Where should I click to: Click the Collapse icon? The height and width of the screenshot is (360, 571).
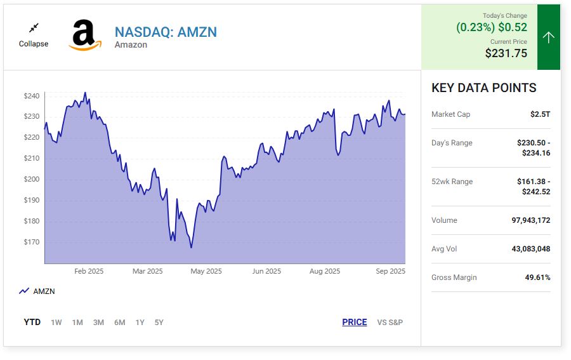[x=34, y=28]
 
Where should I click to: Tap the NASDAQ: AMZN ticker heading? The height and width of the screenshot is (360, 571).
[x=166, y=32]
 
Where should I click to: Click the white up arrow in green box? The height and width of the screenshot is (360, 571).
[x=549, y=37]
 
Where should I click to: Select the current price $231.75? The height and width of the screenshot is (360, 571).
[x=506, y=53]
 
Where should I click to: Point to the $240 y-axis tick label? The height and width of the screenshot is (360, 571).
[x=32, y=96]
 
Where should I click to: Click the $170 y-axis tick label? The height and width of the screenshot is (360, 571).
[x=32, y=242]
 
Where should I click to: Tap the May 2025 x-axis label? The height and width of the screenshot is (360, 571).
[x=206, y=271]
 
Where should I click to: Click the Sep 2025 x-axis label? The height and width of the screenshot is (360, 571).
[x=390, y=271]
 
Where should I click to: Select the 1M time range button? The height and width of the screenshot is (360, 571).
[x=77, y=323]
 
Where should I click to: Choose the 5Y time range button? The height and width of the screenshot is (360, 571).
[x=159, y=323]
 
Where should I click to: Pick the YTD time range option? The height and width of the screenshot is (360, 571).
[x=32, y=323]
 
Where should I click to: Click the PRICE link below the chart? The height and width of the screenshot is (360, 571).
[x=354, y=323]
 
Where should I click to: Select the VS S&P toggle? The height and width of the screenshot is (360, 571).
[x=390, y=323]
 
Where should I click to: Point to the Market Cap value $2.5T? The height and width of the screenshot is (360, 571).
[x=540, y=114]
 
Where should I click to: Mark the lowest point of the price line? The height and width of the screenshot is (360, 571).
[x=191, y=248]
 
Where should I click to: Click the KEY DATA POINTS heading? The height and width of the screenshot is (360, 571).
[x=483, y=88]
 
